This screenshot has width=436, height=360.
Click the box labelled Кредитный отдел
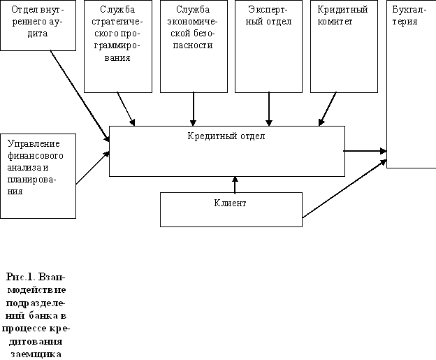tap(226, 151)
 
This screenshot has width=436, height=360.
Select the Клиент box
tap(231, 210)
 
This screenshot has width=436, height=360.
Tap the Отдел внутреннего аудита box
tap(38, 25)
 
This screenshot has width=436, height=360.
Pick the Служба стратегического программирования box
tap(117, 46)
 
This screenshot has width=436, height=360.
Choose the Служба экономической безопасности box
tap(194, 46)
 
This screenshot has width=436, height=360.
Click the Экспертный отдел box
tap(269, 46)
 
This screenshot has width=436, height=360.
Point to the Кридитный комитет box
tap(344, 46)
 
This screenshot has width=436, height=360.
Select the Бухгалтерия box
tap(411, 84)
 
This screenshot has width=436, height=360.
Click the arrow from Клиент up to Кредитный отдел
tap(235, 185)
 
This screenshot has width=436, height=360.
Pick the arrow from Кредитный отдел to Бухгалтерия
tap(365, 150)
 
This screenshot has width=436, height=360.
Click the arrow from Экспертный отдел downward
tap(269, 109)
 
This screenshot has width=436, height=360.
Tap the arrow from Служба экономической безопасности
tap(194, 109)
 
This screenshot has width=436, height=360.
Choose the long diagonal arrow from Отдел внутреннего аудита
tap(80, 94)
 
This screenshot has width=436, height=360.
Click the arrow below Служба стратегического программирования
tap(126, 109)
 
